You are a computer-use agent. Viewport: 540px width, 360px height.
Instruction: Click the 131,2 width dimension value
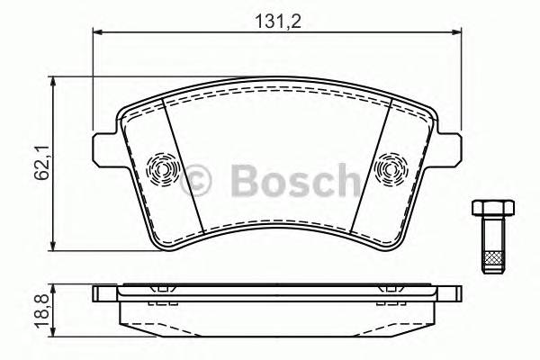point(275,20)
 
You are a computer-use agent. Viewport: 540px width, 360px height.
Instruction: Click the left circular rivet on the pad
point(162,167)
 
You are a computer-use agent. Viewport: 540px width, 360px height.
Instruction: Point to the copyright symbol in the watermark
point(198,179)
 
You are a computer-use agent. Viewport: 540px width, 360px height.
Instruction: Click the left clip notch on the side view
point(162,290)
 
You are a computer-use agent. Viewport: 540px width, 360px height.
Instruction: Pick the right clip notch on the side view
point(391,290)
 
